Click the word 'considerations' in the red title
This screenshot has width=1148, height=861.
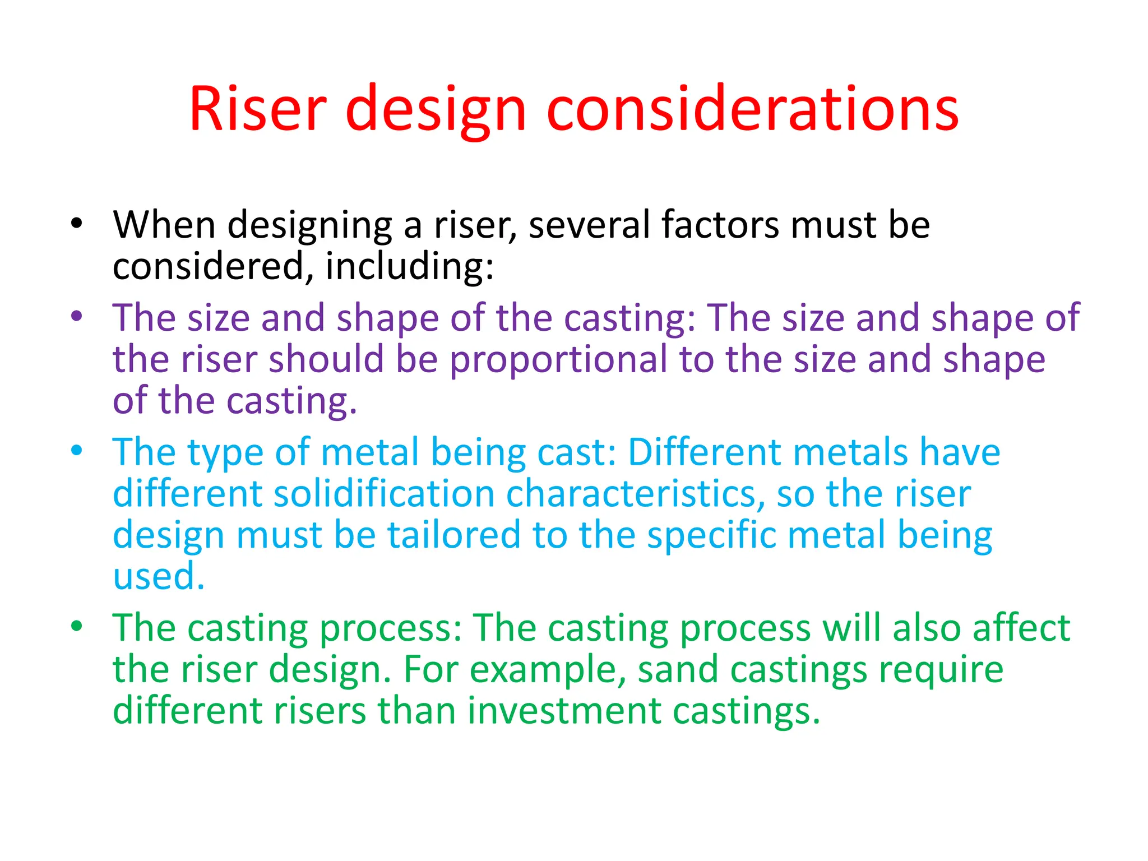click(x=752, y=109)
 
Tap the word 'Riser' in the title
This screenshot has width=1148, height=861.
click(x=257, y=109)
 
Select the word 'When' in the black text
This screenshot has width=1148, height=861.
click(x=164, y=225)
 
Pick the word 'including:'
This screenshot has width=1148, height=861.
click(x=409, y=266)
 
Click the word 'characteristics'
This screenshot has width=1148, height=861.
click(x=636, y=494)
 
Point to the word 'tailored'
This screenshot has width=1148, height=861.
click(x=454, y=535)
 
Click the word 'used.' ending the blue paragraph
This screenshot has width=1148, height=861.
click(x=159, y=576)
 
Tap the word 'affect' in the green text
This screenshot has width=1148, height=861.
click(x=1021, y=628)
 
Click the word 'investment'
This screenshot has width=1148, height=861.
click(x=564, y=711)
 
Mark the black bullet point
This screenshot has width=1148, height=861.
click(x=77, y=224)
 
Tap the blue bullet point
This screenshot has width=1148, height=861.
click(x=77, y=450)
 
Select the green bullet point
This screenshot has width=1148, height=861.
click(x=77, y=626)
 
